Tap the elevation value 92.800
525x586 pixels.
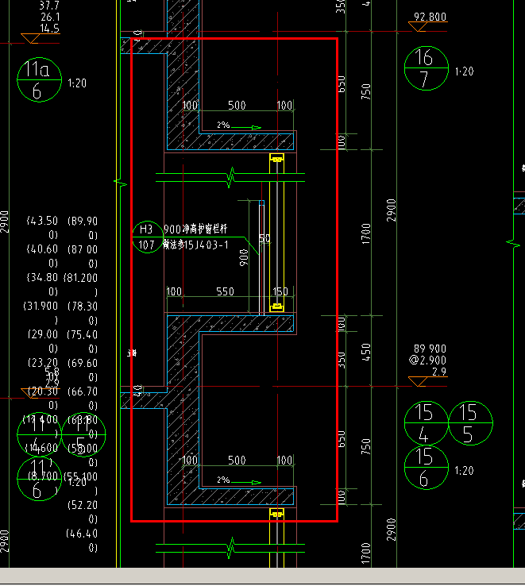(430, 17)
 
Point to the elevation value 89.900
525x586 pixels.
(430, 348)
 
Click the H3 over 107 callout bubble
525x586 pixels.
(146, 237)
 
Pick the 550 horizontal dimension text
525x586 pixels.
(225, 292)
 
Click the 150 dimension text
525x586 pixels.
(280, 292)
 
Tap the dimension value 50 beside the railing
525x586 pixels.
(264, 238)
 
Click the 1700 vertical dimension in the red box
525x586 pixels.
(365, 233)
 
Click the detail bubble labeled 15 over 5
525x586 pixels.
(469, 423)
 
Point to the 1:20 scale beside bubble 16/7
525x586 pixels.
(464, 71)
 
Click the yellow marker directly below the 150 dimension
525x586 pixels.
(277, 306)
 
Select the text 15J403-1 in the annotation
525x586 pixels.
(203, 245)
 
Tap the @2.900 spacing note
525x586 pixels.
(429, 360)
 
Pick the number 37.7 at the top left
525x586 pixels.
(49, 5)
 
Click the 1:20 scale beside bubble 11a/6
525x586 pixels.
(77, 83)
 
